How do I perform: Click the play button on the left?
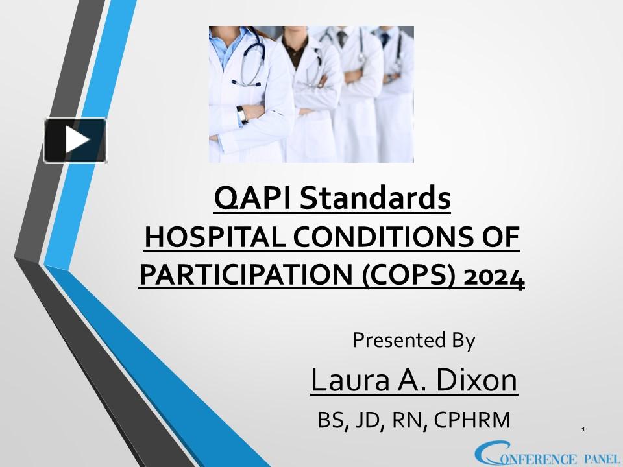[x=75, y=140]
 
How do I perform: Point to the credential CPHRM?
[x=472, y=420]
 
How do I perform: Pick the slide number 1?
[x=584, y=429]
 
